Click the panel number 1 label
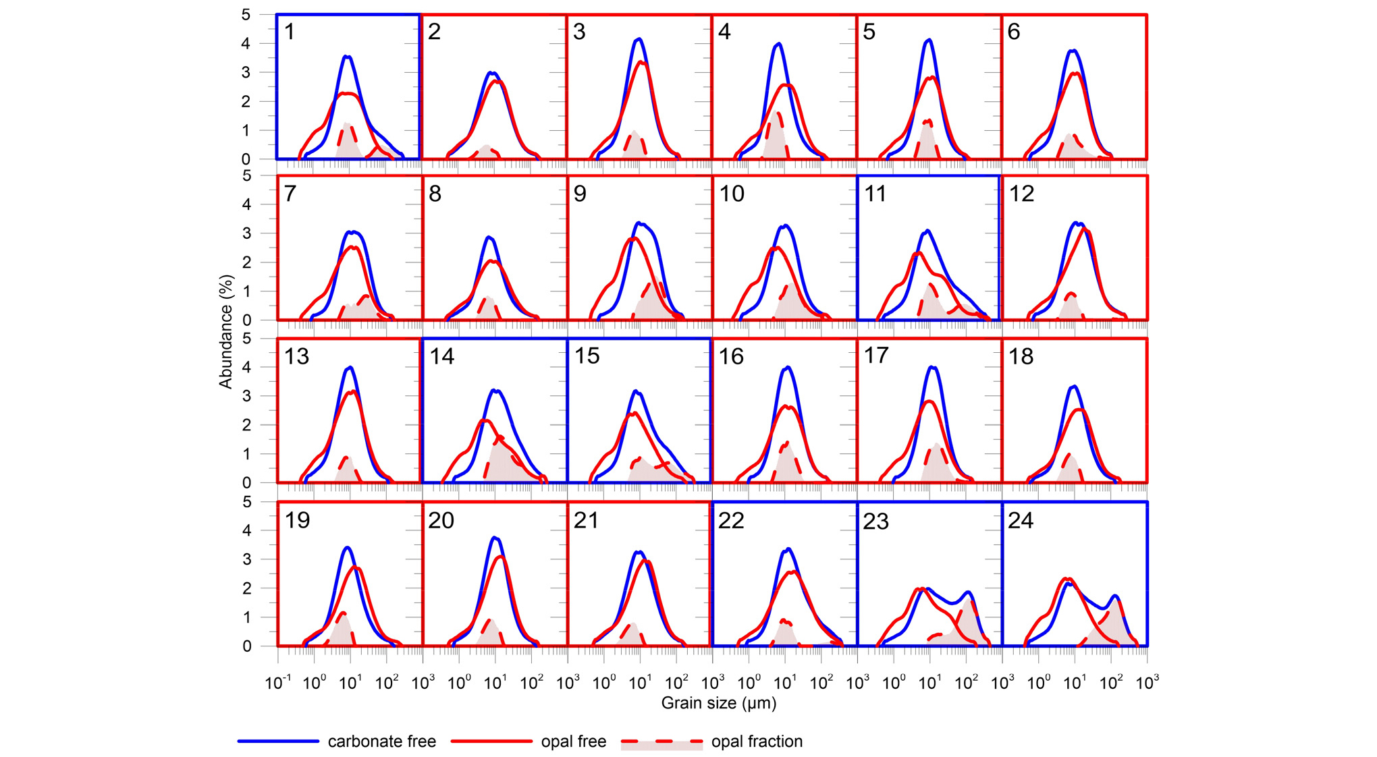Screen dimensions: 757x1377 pos(290,32)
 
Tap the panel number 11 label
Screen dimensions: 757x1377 pos(875,194)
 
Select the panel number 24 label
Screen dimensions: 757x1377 pos(1021,520)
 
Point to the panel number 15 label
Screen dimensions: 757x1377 pos(587,356)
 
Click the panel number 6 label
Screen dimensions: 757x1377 pos(1014,32)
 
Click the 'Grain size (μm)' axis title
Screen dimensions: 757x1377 pos(718,703)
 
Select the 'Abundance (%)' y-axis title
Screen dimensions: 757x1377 pos(225,331)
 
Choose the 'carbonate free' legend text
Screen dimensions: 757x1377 pos(381,741)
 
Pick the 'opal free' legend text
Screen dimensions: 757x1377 pos(573,741)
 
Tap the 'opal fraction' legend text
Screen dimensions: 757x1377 pos(757,741)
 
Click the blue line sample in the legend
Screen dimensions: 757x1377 pos(278,741)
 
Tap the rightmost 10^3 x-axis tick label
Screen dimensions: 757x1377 pos(1147,683)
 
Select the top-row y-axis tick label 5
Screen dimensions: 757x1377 pos(246,15)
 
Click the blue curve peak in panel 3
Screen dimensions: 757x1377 pos(639,39)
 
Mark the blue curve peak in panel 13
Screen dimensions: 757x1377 pos(350,368)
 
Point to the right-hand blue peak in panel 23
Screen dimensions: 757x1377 pos(969,592)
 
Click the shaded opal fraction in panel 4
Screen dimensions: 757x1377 pos(778,142)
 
